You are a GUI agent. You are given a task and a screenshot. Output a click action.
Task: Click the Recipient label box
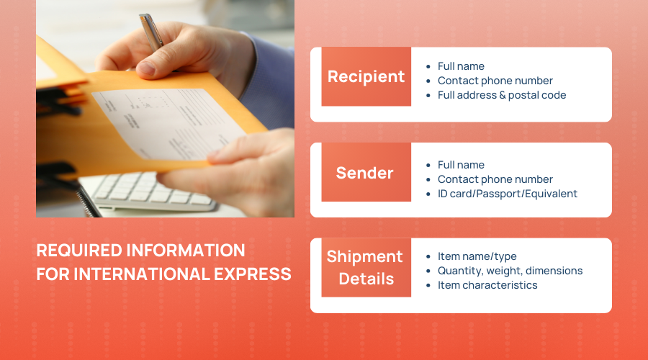(366, 76)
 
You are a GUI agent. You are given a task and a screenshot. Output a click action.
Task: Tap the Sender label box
(366, 172)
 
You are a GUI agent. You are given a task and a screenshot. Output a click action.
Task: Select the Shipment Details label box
(366, 267)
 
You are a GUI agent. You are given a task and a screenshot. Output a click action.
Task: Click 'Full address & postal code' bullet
(502, 95)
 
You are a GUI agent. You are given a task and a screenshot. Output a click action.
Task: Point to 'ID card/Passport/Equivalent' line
(508, 194)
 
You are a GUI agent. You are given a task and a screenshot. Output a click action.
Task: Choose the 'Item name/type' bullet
(477, 256)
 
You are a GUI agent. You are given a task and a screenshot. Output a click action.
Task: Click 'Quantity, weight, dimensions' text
(510, 271)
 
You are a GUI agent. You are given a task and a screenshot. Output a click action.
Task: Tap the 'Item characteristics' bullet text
(487, 285)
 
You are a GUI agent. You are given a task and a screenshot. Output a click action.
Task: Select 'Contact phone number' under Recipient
(495, 81)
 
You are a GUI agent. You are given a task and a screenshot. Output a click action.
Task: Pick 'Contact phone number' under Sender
(495, 179)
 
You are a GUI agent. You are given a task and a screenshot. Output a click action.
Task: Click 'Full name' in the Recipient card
(461, 66)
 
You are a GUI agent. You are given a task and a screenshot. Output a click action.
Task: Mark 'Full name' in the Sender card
(461, 164)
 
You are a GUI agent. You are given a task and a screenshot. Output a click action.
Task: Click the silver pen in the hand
(151, 32)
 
